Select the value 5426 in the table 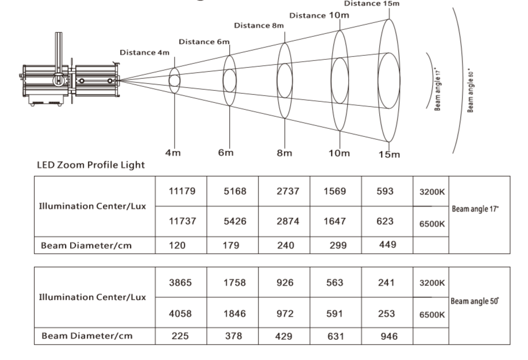[233, 221]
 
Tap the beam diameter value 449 [388, 244]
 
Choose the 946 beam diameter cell [388, 336]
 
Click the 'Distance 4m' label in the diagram [145, 53]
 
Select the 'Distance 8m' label [259, 25]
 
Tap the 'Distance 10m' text [319, 15]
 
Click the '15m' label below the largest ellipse [389, 154]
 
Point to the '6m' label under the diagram [226, 152]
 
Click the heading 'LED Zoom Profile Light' [91, 166]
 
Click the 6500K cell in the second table [430, 315]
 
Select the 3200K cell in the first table [430, 192]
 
